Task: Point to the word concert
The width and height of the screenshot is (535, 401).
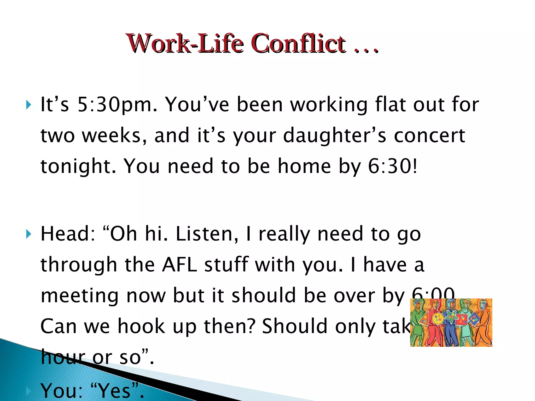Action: pos(429,136)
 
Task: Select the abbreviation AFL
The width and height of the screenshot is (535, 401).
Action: pos(179,265)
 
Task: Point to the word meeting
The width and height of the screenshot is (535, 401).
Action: pos(80,296)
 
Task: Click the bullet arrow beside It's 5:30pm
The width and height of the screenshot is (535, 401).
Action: pos(29,105)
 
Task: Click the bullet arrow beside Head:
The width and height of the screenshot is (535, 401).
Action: pos(29,234)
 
